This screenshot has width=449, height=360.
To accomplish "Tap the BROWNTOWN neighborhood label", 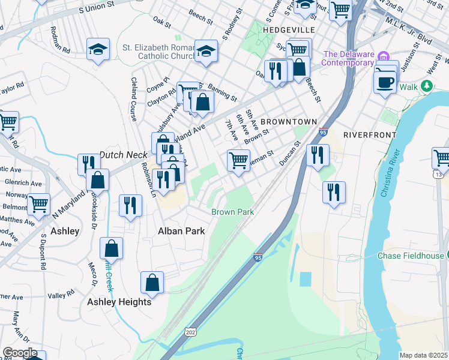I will click(x=288, y=121).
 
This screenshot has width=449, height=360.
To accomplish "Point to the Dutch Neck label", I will click(x=123, y=155).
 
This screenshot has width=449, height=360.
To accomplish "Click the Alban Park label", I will click(x=181, y=231).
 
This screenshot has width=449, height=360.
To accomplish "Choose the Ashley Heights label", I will click(x=119, y=302).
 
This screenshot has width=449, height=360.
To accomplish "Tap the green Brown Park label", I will click(x=232, y=212).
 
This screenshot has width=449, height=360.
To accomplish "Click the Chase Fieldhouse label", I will click(x=410, y=256).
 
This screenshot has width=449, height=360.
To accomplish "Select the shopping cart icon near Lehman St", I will click(x=238, y=160).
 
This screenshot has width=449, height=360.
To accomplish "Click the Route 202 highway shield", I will click(x=191, y=332).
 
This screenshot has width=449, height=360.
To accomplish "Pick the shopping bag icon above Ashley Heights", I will click(x=111, y=248).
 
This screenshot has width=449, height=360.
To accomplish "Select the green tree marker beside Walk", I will click(x=426, y=86).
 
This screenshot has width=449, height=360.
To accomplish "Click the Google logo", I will click(x=19, y=353).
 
